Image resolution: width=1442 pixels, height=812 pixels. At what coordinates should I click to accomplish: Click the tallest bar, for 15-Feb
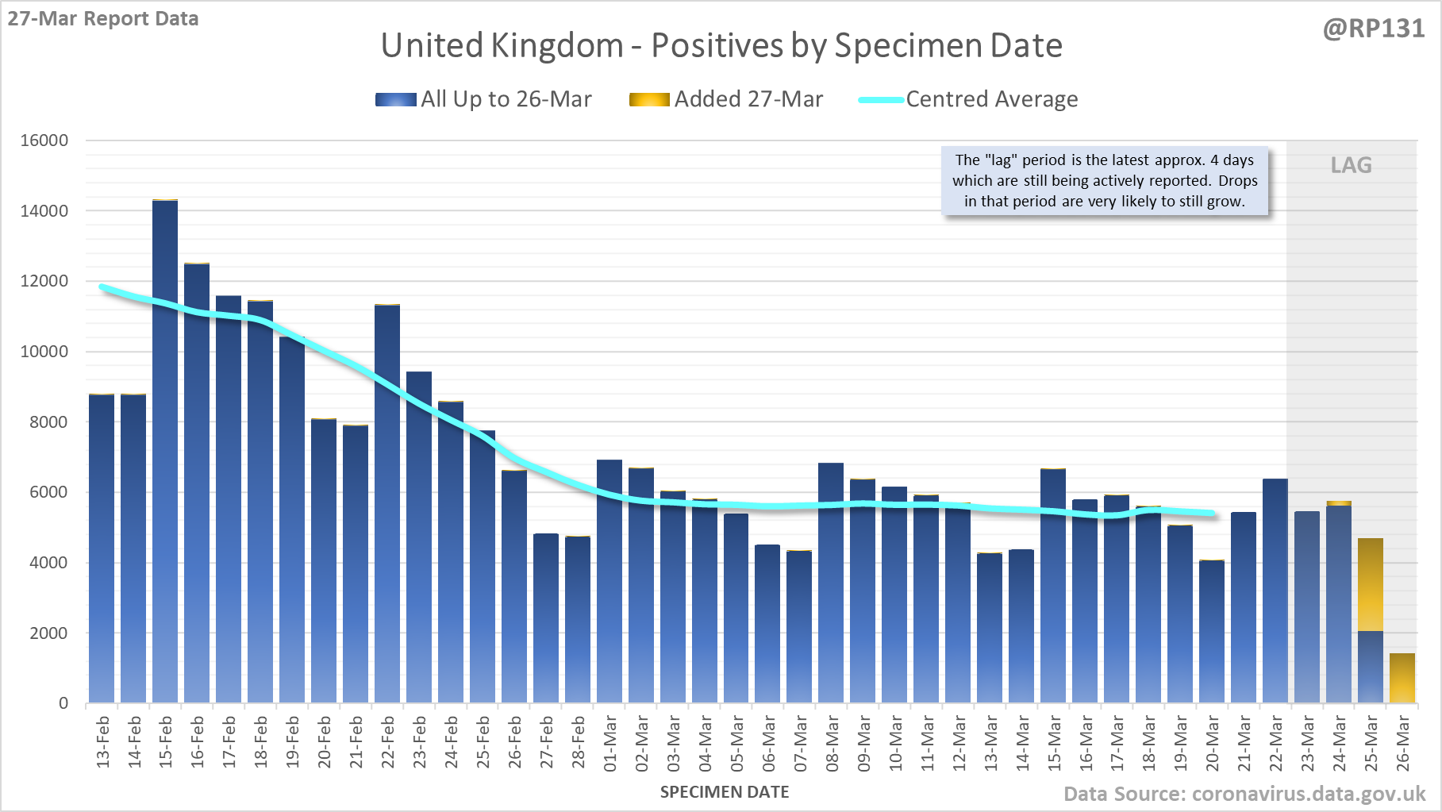(x=165, y=452)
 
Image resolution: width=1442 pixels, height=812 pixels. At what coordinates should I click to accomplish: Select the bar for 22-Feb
(x=387, y=504)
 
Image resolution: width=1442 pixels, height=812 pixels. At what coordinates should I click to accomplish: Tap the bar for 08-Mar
(x=831, y=583)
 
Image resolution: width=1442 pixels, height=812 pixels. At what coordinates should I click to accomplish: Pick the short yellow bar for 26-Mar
(x=1402, y=679)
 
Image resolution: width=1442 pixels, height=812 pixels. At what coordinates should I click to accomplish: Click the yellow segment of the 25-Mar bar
(x=1371, y=585)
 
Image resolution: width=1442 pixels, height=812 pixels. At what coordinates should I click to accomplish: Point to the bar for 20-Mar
(x=1212, y=632)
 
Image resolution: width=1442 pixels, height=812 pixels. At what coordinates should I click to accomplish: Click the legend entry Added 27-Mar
(x=726, y=99)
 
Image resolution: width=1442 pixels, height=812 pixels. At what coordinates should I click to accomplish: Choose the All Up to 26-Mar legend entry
(x=484, y=99)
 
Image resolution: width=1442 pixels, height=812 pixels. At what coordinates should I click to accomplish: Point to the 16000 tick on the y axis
(x=44, y=140)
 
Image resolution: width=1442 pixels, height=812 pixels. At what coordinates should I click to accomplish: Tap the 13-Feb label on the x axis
(x=103, y=741)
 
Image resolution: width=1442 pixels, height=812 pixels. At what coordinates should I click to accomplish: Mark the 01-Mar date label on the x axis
(x=610, y=743)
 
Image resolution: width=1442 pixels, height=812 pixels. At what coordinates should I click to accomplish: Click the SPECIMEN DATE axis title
(x=725, y=792)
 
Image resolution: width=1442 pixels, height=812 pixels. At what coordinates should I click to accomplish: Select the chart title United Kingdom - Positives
(x=721, y=45)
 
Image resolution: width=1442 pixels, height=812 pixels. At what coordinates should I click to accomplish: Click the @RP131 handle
(x=1374, y=29)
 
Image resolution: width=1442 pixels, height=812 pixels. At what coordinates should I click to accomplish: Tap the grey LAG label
(x=1351, y=165)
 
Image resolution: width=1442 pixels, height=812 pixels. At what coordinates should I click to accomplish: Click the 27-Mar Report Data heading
(x=103, y=18)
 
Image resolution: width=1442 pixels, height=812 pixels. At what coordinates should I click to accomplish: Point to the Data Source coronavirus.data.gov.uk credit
(x=1244, y=794)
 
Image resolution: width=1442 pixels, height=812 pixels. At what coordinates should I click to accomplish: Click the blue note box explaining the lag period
(x=1104, y=181)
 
